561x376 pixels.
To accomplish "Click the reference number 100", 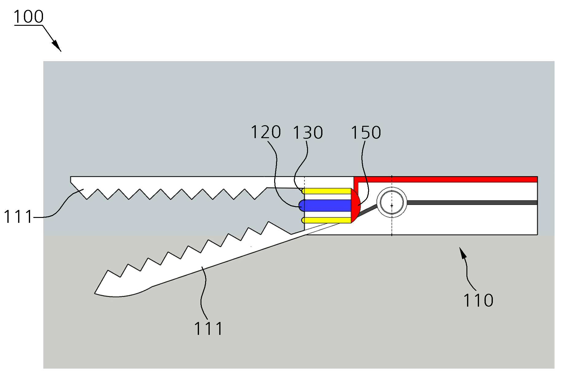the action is pyautogui.click(x=29, y=17).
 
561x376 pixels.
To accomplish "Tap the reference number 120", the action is pyautogui.click(x=266, y=132).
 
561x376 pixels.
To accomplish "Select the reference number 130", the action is pyautogui.click(x=308, y=133).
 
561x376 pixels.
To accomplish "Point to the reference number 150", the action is pyautogui.click(x=366, y=133).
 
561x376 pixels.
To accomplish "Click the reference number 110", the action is pyautogui.click(x=478, y=300).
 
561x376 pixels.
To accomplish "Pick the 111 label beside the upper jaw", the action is pyautogui.click(x=18, y=217).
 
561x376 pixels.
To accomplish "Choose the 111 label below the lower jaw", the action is pyautogui.click(x=208, y=329).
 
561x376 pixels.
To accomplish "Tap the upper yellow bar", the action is pyautogui.click(x=326, y=191).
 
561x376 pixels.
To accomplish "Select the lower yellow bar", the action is pyautogui.click(x=326, y=220).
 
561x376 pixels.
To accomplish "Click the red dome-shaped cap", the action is pyautogui.click(x=356, y=206).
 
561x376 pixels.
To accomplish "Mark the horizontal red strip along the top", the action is pyautogui.click(x=446, y=179).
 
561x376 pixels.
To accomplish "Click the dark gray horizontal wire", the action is pyautogui.click(x=472, y=203).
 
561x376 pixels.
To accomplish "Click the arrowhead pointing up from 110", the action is pyautogui.click(x=463, y=253).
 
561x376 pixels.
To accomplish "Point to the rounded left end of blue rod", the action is pyautogui.click(x=301, y=205).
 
